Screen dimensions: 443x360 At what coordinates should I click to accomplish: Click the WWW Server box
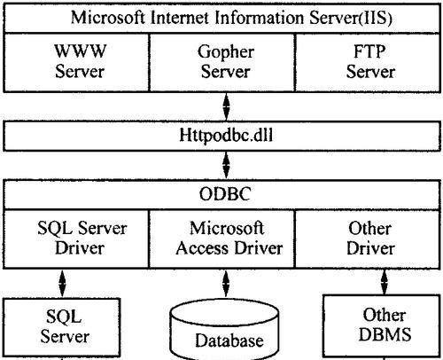(x=76, y=62)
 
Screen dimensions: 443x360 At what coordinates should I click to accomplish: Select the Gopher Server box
(x=222, y=62)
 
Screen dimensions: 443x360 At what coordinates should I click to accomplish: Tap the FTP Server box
(x=368, y=62)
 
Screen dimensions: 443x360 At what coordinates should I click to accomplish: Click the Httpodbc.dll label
(x=226, y=136)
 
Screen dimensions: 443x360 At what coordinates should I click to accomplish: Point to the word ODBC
(x=225, y=194)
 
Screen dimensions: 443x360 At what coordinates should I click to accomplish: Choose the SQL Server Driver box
(x=76, y=239)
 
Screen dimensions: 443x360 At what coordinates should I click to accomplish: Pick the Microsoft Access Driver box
(x=222, y=239)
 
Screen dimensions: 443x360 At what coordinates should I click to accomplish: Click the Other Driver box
(x=368, y=239)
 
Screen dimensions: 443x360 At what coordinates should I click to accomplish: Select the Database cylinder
(x=225, y=331)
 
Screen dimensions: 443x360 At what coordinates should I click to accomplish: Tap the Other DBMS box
(x=382, y=325)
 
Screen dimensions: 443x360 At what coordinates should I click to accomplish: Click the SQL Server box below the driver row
(x=62, y=326)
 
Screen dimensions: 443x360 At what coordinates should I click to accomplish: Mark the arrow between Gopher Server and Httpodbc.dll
(x=226, y=106)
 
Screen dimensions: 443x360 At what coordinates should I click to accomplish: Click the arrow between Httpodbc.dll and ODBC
(x=226, y=165)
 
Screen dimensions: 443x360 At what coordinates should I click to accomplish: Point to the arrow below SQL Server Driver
(x=62, y=283)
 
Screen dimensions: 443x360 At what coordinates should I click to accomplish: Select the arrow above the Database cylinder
(x=226, y=283)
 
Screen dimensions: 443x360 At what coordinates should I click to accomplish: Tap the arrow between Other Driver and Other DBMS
(x=385, y=282)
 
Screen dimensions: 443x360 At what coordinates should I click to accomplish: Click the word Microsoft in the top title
(x=108, y=18)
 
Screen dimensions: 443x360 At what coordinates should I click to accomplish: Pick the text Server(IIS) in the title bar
(x=351, y=19)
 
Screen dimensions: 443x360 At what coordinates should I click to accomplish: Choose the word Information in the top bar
(x=260, y=18)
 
